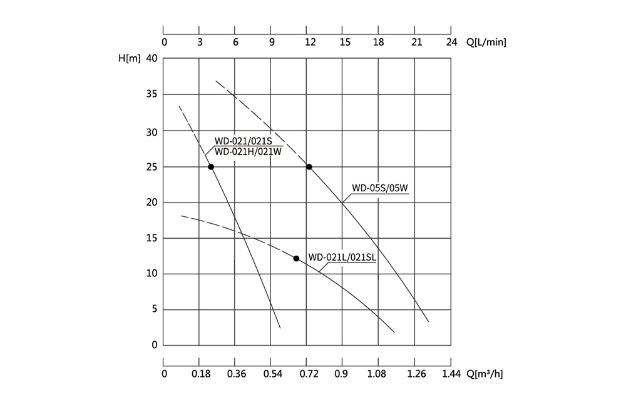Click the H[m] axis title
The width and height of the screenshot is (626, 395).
coord(129,59)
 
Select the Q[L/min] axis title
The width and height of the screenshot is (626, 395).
coord(486,42)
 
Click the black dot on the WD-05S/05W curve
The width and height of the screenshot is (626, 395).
coord(309,167)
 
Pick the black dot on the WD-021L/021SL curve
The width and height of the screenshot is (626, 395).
coord(296,258)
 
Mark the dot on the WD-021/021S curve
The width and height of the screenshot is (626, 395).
coord(211,167)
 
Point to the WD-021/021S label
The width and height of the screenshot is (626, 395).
coord(239,141)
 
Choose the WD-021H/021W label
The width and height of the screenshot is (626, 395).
coord(243,151)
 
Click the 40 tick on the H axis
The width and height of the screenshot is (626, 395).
coord(151,59)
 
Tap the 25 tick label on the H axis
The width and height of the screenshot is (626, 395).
coord(151,167)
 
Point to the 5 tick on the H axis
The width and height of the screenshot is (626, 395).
coord(154,310)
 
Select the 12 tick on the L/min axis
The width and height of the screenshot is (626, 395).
coord(309,42)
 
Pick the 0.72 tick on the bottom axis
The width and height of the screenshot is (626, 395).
coord(308,374)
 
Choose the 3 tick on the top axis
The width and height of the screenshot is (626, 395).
coord(200,42)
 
